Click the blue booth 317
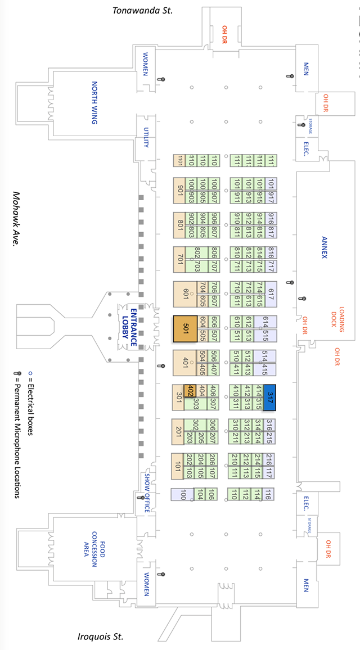tap(270, 396)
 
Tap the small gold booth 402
tap(191, 390)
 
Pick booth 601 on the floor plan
tap(185, 294)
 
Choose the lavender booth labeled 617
tap(271, 293)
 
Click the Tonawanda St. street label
tap(143, 10)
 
